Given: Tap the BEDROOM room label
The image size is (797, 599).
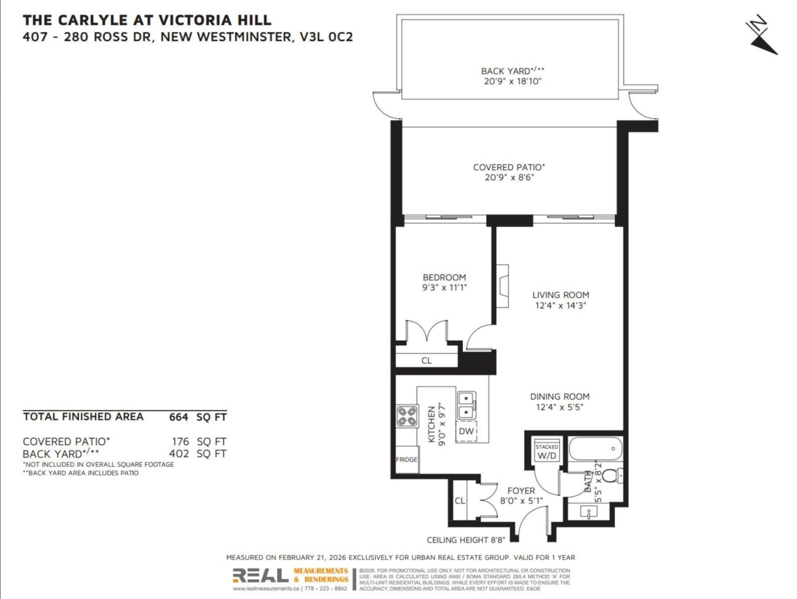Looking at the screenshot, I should (x=444, y=278).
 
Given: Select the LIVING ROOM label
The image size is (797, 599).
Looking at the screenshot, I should (x=561, y=295).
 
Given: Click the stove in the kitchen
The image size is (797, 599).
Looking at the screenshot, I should (x=406, y=416).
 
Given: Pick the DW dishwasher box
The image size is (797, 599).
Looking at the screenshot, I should (x=466, y=432).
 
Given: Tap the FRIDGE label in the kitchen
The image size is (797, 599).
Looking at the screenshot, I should (x=406, y=460).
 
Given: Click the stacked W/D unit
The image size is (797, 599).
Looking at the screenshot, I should (x=547, y=452).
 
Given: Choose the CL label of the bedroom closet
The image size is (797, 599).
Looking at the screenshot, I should (x=426, y=361).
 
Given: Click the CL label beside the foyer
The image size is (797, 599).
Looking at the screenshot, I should (x=460, y=501).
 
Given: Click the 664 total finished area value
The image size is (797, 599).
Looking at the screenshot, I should (x=179, y=417).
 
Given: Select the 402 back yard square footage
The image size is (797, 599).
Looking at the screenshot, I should (x=181, y=454).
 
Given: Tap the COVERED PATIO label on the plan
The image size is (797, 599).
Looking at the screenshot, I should (x=513, y=167).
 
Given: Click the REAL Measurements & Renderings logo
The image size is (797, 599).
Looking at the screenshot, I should (x=290, y=576).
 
